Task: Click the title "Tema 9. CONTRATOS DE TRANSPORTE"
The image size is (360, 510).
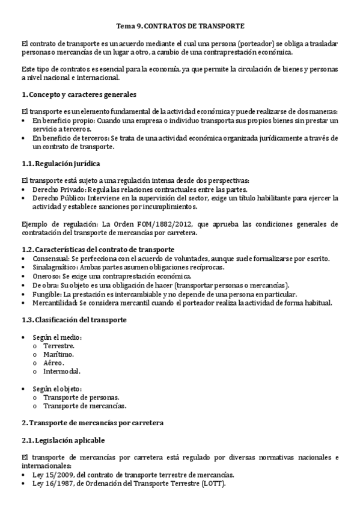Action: (180, 26)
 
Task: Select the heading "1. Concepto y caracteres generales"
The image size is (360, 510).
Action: (79, 94)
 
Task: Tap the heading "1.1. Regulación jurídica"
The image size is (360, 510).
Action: (60, 163)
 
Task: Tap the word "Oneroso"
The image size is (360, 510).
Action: (47, 275)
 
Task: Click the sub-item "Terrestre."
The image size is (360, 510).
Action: (59, 346)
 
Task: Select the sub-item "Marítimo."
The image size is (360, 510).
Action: (58, 355)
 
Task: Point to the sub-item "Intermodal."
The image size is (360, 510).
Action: (61, 372)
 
